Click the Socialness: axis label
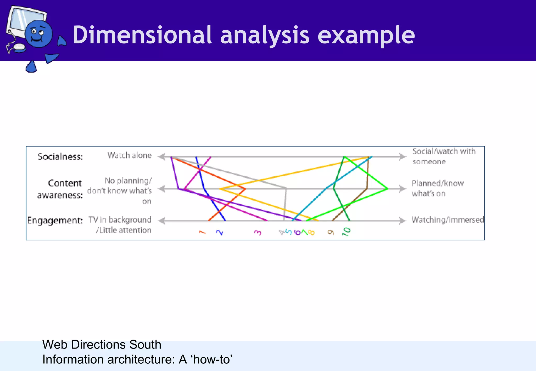coord(60,157)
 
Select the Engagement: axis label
coord(55,220)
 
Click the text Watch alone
coord(130,155)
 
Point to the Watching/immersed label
coord(448,220)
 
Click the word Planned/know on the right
coord(438,183)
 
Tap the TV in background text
coord(120,220)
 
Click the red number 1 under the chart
coord(202,232)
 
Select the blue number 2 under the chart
coord(220,232)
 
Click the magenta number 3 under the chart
coord(258,232)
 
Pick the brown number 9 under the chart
coord(331,232)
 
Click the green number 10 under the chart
coord(346,232)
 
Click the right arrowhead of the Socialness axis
coord(403,157)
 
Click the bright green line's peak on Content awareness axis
coord(387,188)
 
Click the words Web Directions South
coord(102,345)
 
